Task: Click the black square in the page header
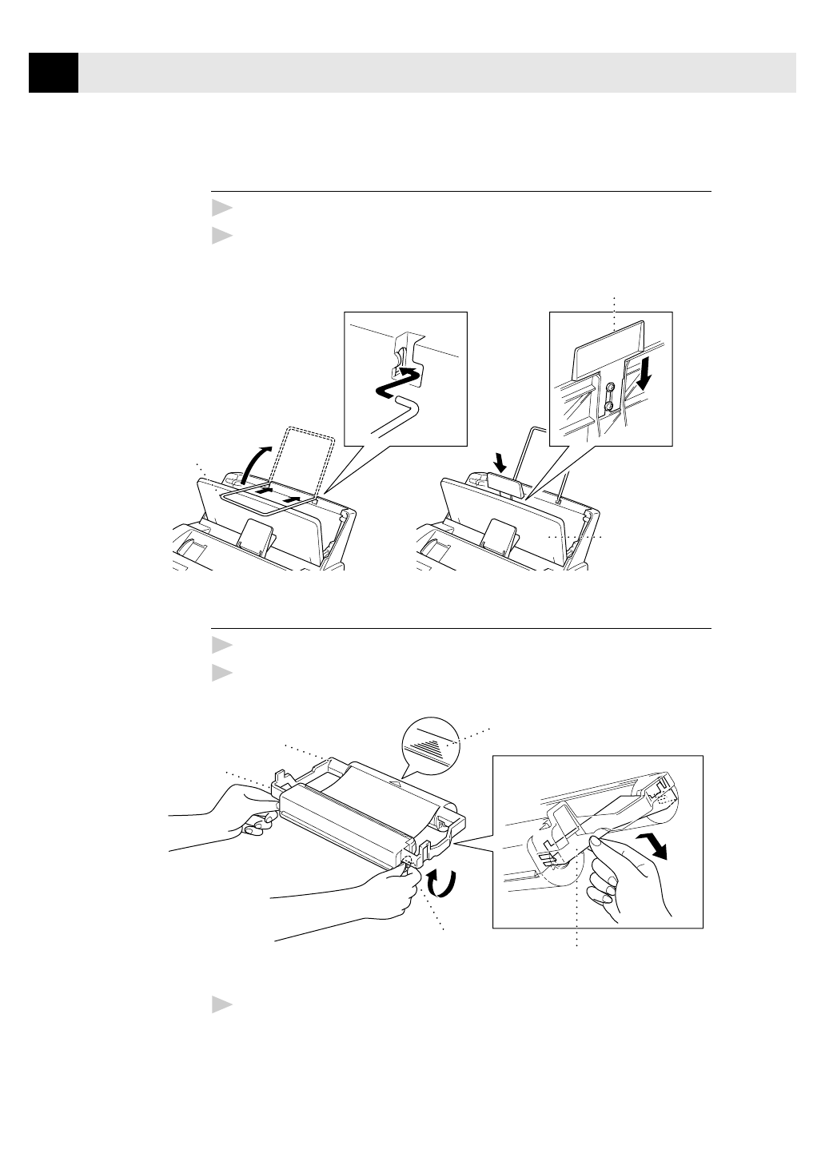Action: pos(54,73)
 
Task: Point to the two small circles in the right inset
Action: pos(609,397)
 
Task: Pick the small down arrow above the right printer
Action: pos(500,461)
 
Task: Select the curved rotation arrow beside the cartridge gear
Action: pos(440,884)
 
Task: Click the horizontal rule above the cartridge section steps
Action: pos(461,628)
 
